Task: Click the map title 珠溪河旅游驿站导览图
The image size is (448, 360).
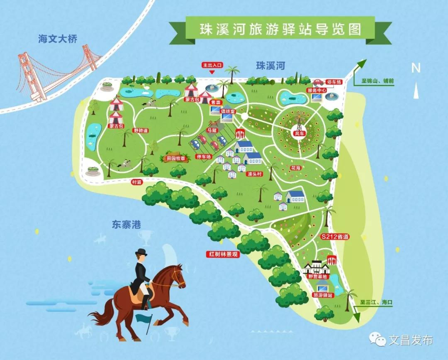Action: click(x=280, y=29)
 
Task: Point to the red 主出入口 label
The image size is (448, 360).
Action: click(x=212, y=65)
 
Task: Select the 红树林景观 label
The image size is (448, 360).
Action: click(x=223, y=254)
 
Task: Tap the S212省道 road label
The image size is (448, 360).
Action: click(x=335, y=237)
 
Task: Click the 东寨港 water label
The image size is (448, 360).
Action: click(x=126, y=225)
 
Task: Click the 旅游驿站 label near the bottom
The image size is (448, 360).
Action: click(x=322, y=294)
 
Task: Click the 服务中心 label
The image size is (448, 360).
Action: click(x=317, y=90)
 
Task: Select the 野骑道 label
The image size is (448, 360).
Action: click(x=140, y=130)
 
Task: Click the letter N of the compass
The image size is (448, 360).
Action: click(x=416, y=68)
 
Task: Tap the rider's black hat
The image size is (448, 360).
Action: click(x=141, y=252)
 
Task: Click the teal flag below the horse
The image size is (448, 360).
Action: click(x=144, y=318)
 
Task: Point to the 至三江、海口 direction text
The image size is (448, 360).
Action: click(x=375, y=303)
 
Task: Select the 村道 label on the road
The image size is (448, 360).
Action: click(x=136, y=182)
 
